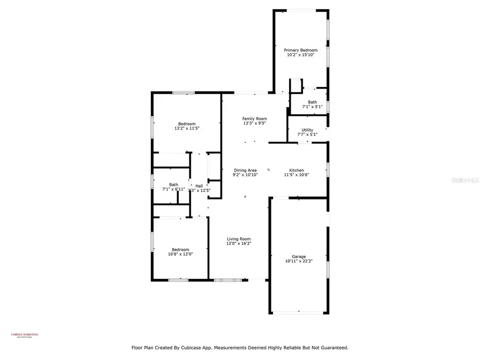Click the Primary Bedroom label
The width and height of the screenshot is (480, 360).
(x=300, y=50)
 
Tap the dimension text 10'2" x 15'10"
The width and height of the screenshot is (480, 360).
(x=300, y=55)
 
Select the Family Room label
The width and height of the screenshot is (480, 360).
(x=254, y=118)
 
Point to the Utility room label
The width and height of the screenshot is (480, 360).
(x=307, y=130)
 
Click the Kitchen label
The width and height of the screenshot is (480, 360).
(x=297, y=170)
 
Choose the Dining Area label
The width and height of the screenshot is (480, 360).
(x=245, y=170)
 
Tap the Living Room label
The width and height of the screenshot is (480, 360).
(x=238, y=239)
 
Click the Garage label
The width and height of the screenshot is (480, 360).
(x=299, y=256)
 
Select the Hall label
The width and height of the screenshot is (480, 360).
(x=199, y=186)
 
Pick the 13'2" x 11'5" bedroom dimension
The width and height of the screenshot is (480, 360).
(x=187, y=129)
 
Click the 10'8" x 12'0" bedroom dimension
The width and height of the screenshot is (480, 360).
(x=180, y=254)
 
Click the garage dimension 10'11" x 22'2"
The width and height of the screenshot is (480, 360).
(x=299, y=261)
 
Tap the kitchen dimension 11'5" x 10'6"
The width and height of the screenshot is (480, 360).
(x=297, y=175)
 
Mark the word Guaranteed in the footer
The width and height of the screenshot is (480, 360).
(x=331, y=348)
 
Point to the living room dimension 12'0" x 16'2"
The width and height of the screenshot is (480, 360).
(x=238, y=244)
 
